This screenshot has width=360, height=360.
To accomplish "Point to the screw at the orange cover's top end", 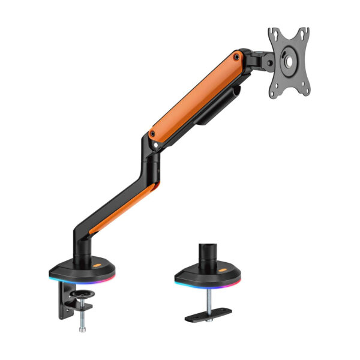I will pyautogui.click(x=238, y=58).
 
